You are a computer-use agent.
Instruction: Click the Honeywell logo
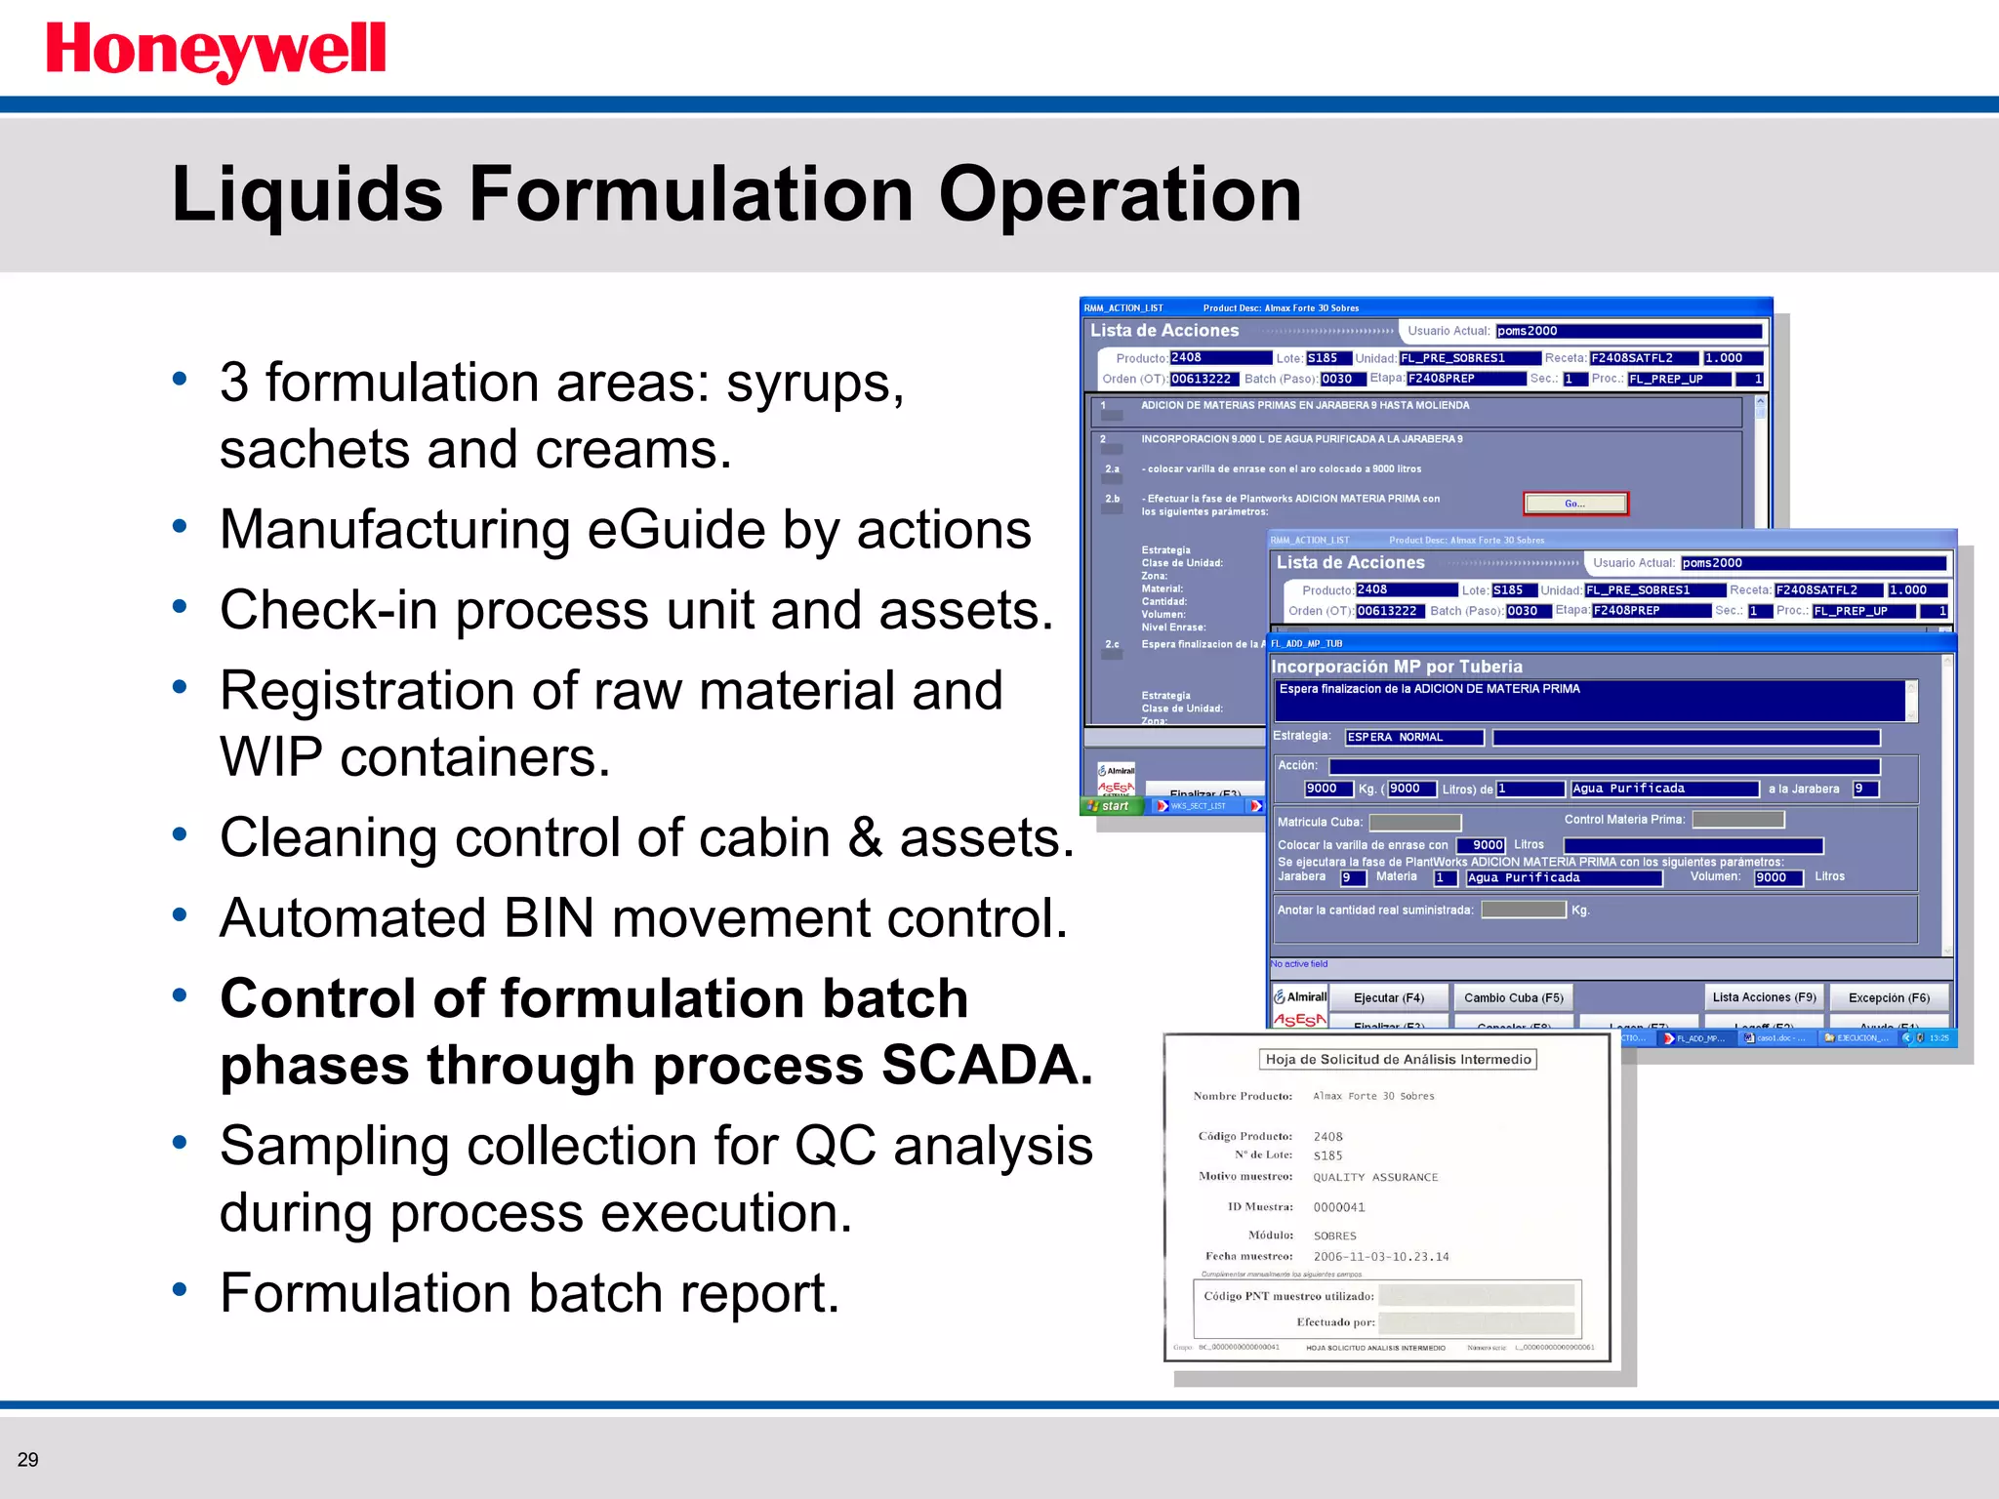[x=216, y=51]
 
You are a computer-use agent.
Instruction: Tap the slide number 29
[x=28, y=1460]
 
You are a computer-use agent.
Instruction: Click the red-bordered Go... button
[x=1575, y=504]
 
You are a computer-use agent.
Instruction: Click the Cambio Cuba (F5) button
[x=1513, y=997]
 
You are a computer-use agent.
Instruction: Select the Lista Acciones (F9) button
[x=1764, y=997]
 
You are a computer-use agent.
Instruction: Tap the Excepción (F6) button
[x=1889, y=997]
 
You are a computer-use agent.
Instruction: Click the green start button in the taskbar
[x=1110, y=806]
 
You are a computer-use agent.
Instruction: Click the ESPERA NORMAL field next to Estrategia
[x=1414, y=737]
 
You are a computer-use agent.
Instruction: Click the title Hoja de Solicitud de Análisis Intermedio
[x=1398, y=1059]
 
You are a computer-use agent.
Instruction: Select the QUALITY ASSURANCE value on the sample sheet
[x=1375, y=1177]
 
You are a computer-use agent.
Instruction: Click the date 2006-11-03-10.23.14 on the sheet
[x=1381, y=1257]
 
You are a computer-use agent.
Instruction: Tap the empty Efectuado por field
[x=1477, y=1322]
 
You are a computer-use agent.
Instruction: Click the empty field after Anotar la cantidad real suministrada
[x=1523, y=910]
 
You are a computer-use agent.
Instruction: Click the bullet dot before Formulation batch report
[x=180, y=1289]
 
